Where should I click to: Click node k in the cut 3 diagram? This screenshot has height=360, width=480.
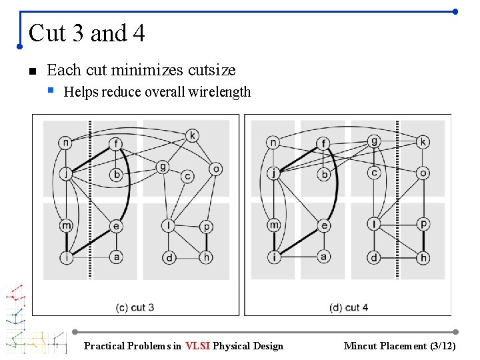pos(192,136)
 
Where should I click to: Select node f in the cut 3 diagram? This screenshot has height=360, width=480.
pos(116,143)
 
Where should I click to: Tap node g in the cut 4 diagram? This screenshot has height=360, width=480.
pos(374,141)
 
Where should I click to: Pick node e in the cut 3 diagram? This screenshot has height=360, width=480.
pos(116,227)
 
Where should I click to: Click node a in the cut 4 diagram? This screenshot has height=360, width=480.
pos(324,257)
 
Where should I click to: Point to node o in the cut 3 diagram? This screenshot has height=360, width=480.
pos(215,169)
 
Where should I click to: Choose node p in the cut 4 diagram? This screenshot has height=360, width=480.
pos(423,225)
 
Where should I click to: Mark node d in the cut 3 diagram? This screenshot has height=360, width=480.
pos(169,257)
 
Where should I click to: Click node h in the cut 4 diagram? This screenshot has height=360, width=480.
pos(423,257)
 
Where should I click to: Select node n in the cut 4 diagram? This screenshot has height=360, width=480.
pos(273,142)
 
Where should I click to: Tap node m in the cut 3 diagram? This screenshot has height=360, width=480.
pos(66,226)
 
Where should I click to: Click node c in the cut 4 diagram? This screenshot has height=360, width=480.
pos(374,173)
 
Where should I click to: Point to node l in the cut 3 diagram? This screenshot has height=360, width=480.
pos(169,226)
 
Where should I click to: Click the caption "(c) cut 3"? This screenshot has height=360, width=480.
pos(135,307)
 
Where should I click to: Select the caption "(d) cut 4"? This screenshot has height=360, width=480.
pos(349,307)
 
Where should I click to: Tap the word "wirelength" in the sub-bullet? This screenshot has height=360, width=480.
pos(221,92)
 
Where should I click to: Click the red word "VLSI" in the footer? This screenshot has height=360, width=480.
pos(198,345)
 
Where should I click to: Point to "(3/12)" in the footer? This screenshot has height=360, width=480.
pos(443,345)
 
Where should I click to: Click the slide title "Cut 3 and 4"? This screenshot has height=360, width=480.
pos(87,33)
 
